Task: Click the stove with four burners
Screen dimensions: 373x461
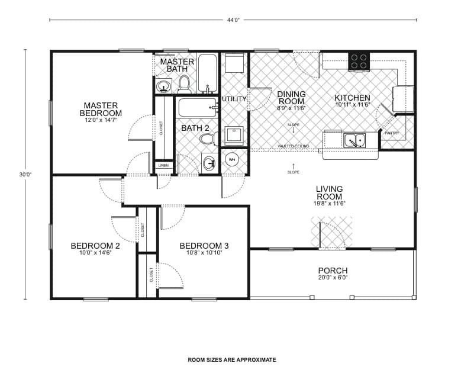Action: click(358, 61)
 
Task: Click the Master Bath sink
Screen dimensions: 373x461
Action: click(163, 87)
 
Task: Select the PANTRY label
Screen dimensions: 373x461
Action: click(392, 133)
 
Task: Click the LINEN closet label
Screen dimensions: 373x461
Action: click(163, 166)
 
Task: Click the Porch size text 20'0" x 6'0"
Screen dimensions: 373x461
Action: click(333, 277)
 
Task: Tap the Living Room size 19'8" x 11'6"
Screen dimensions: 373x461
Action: click(329, 203)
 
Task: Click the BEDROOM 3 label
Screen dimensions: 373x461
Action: click(204, 246)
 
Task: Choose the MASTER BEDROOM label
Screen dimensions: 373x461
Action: click(102, 109)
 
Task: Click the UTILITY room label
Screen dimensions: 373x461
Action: click(234, 99)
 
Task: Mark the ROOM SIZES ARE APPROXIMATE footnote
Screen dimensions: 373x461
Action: click(232, 359)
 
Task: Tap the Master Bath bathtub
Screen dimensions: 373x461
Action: click(207, 73)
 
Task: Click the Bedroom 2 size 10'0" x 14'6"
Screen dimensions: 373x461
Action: click(95, 253)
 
